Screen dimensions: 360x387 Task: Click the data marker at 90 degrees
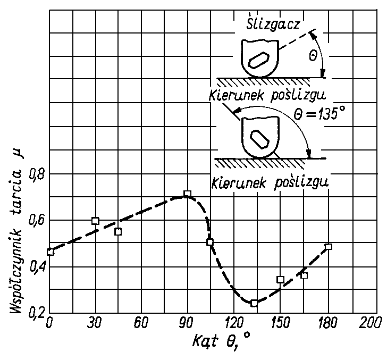[x=187, y=194]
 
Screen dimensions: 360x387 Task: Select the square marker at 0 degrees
[x=51, y=252]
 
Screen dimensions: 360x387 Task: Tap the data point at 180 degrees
[x=329, y=247]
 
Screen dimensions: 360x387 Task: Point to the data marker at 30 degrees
[x=96, y=221]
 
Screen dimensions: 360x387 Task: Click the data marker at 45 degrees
[x=118, y=231]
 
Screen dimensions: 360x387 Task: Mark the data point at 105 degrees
[x=210, y=242]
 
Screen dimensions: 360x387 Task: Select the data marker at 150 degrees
[x=280, y=279]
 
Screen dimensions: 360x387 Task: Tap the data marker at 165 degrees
[x=304, y=275]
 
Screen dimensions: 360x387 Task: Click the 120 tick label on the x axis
[x=232, y=323]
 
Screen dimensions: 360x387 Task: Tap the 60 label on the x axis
[x=141, y=323]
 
